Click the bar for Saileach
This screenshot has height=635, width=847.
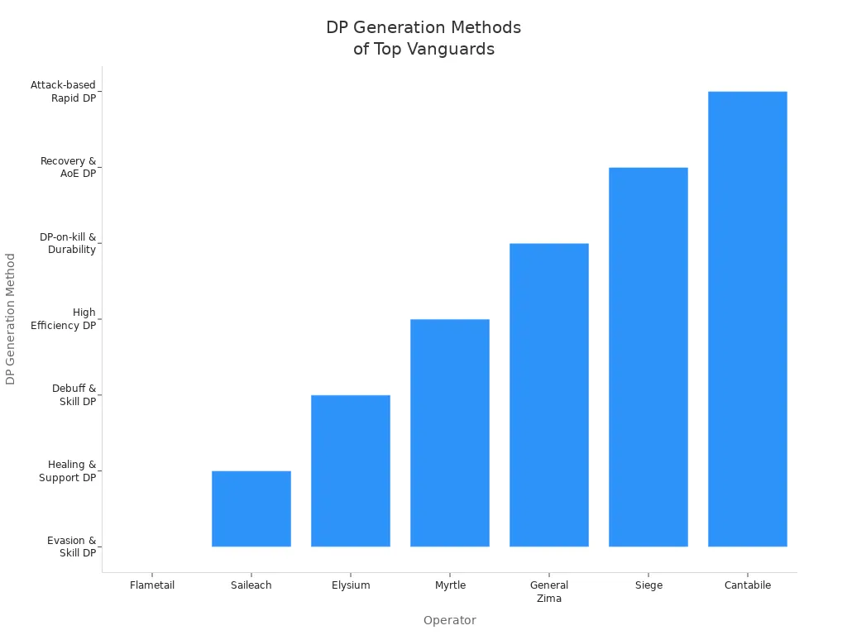click(251, 508)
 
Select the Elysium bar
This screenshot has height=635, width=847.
click(351, 470)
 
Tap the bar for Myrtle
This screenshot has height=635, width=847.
click(450, 432)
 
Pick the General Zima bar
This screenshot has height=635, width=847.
click(549, 394)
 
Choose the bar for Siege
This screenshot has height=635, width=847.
click(648, 356)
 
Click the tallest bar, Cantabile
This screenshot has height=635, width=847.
click(748, 318)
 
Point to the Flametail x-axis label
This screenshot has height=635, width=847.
click(152, 585)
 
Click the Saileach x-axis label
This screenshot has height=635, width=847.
click(251, 585)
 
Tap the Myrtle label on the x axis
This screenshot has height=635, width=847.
click(450, 585)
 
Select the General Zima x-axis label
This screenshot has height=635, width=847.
click(549, 592)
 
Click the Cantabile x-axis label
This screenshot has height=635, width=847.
click(748, 585)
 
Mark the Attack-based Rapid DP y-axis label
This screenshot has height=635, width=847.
click(64, 91)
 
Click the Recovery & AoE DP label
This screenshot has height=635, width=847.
click(69, 167)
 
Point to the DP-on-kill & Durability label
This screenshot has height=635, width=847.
click(68, 243)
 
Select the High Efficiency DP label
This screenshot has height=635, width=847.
click(64, 319)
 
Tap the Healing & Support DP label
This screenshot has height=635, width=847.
click(68, 471)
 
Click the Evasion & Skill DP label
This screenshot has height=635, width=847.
click(72, 547)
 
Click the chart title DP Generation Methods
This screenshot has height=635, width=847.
click(423, 38)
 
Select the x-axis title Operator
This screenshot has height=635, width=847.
click(449, 620)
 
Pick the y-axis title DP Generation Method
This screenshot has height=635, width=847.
click(11, 318)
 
